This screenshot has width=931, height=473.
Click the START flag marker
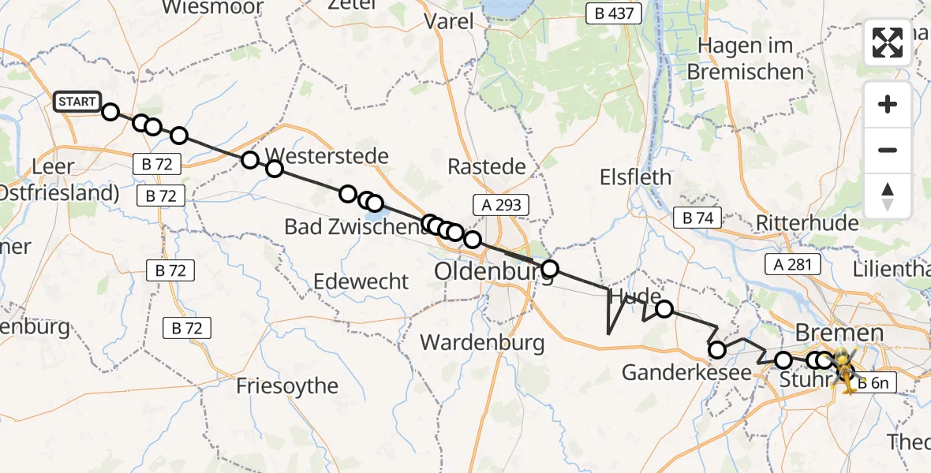[x=77, y=102]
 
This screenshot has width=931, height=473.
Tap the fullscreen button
[x=888, y=43]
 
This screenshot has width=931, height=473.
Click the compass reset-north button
[x=888, y=196]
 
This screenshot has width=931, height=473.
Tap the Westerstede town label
[x=327, y=155]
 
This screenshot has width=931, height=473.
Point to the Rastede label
[x=487, y=166]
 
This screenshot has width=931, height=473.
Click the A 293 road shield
[x=497, y=205]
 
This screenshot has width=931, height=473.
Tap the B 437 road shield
[x=615, y=13]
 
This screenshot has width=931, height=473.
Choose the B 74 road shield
[x=697, y=218]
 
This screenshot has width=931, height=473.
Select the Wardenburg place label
[x=483, y=342]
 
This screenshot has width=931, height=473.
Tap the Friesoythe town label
[x=287, y=386]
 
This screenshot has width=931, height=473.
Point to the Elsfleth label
[x=635, y=177]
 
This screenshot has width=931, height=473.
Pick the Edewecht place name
[x=361, y=281]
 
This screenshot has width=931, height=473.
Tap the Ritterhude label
[x=807, y=223]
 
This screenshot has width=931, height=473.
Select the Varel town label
[x=449, y=21]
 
